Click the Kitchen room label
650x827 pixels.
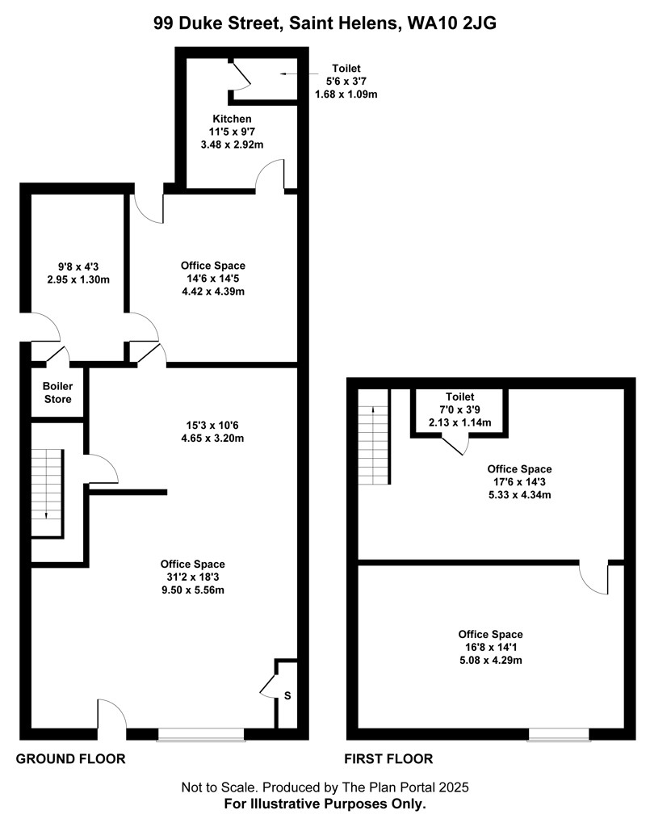pos(232,119)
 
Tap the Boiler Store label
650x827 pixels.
pos(57,393)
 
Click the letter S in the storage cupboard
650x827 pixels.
pos(287,695)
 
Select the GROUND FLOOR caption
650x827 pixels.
pos(70,759)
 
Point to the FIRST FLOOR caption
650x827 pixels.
pos(388,759)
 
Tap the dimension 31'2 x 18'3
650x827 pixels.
pos(193,577)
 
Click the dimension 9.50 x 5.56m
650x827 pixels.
pos(193,590)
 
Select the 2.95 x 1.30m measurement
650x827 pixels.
pos(78,280)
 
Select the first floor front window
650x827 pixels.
pos(559,735)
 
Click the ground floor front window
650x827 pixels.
pos(201,735)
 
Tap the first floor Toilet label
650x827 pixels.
pos(459,397)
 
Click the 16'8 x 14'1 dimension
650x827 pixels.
pos(490,647)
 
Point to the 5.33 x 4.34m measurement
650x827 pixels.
pos(519,495)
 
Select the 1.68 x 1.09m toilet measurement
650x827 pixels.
pos(346,94)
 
